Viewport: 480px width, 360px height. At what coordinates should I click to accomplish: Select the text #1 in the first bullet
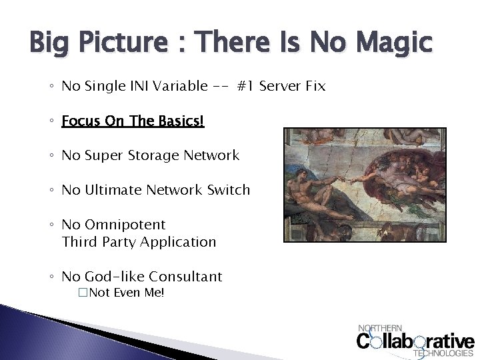coord(245,86)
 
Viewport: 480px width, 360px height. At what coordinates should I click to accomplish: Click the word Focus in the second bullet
coord(79,121)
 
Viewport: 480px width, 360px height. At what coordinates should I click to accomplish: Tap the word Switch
coord(229,190)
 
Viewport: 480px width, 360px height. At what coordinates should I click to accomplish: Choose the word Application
coord(181,242)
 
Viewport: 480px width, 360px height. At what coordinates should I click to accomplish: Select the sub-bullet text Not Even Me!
coord(127,293)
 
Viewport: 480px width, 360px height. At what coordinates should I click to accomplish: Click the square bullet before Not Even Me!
coord(83,293)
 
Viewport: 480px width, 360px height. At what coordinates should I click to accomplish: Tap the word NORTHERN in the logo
coord(380,328)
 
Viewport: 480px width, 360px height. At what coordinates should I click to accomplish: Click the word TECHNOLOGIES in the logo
coord(444,353)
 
